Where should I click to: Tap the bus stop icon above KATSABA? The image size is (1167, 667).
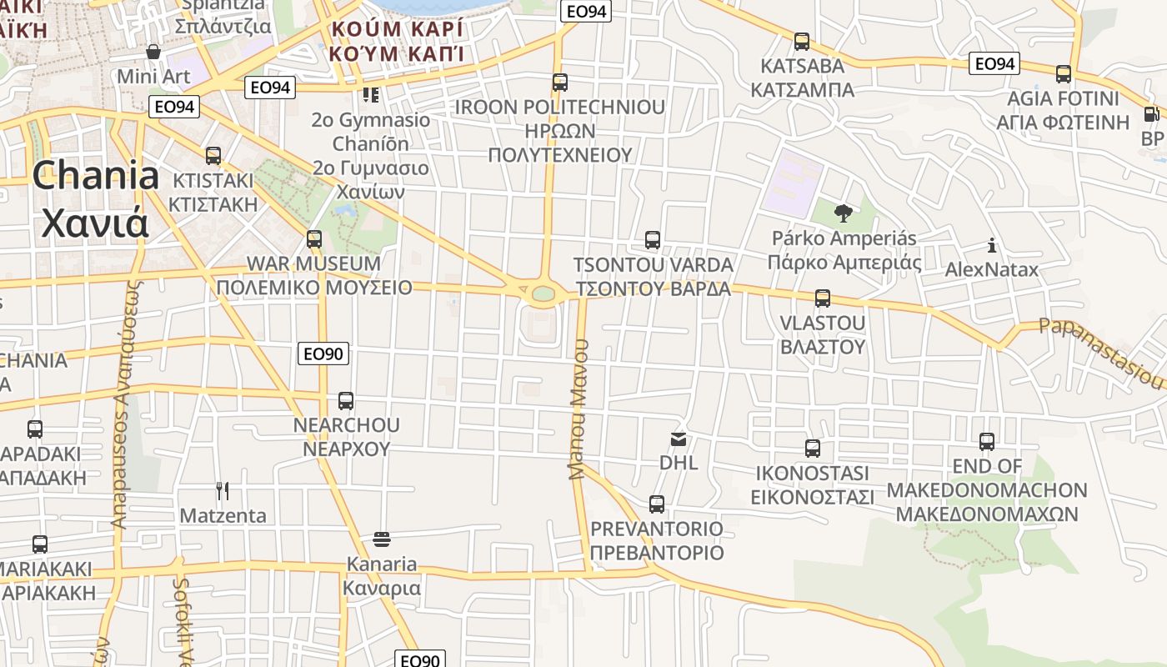(802, 41)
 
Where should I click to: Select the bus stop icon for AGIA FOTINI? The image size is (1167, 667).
(1064, 73)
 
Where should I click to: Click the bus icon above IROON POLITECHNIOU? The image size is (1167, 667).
(560, 83)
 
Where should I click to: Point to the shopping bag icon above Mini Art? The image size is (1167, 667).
(153, 52)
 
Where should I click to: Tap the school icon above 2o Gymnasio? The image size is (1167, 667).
(371, 95)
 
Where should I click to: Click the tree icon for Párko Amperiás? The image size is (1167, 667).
(844, 213)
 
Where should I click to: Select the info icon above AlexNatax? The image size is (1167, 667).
(992, 245)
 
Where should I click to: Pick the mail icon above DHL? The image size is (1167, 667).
(679, 439)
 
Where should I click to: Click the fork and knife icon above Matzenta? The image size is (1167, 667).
(223, 490)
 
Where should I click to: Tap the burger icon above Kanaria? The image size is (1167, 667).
(382, 539)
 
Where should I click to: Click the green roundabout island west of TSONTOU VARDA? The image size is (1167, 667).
(543, 293)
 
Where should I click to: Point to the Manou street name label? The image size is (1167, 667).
(578, 409)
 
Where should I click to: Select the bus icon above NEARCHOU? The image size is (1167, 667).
(346, 400)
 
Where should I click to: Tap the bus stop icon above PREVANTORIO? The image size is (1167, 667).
(657, 504)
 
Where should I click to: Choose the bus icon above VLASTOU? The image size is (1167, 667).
(823, 298)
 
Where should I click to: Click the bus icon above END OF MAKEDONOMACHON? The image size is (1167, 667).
(987, 441)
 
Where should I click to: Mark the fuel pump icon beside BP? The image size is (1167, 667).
(1151, 114)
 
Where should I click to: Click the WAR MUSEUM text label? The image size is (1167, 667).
(313, 264)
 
